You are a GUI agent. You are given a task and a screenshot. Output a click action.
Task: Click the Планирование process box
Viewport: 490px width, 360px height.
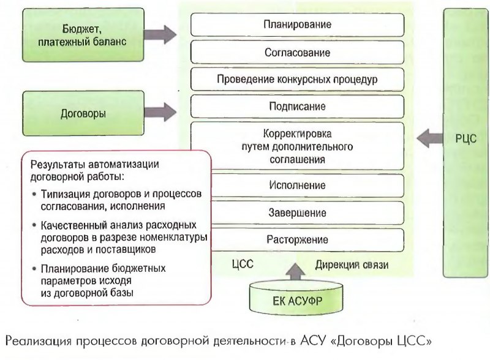pyautogui.click(x=297, y=25)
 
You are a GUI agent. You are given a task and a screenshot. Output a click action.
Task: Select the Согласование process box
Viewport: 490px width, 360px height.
pyautogui.click(x=297, y=53)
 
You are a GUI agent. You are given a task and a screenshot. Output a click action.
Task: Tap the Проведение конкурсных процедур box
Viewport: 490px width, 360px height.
pyautogui.click(x=297, y=80)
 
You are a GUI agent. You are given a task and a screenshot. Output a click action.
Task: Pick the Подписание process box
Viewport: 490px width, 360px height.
pyautogui.click(x=297, y=107)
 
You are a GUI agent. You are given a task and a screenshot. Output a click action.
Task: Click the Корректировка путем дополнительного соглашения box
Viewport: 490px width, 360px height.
pyautogui.click(x=297, y=146)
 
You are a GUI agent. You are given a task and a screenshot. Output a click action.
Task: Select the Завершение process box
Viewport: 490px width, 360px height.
pyautogui.click(x=297, y=212)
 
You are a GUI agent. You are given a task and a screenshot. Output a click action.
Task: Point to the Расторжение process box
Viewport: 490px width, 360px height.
pyautogui.click(x=297, y=239)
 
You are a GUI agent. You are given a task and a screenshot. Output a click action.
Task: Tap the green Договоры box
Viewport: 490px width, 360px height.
pyautogui.click(x=83, y=113)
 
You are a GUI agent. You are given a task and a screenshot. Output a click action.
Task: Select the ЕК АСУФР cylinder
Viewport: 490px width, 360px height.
pyautogui.click(x=298, y=301)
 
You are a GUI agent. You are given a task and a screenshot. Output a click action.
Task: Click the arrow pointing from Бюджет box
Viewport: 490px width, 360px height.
pyautogui.click(x=161, y=33)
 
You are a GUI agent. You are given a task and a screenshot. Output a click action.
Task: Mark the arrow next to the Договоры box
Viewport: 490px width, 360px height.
pyautogui.click(x=161, y=112)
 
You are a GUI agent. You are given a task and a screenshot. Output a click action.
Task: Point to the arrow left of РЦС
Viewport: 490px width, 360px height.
pyautogui.click(x=429, y=138)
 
